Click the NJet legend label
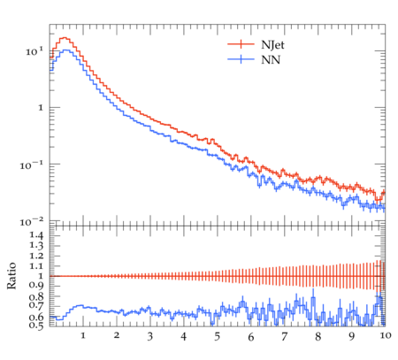pos(272,45)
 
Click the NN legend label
pos(271,60)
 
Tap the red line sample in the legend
pos(241,44)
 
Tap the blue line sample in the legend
pos(241,59)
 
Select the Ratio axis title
pos(11,276)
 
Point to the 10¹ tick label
pos(34,51)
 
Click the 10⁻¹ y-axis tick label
pos(32,165)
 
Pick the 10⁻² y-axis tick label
pos(32,222)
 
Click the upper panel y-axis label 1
pos(41,108)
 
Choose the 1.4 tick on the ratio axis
pos(36,235)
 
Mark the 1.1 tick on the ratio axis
pos(36,266)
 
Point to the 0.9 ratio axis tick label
pos(36,286)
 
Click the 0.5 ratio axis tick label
pos(36,326)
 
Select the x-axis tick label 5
pos(218,337)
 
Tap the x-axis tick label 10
pos(385,335)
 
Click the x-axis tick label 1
pos(83,335)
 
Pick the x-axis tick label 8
pos(318,337)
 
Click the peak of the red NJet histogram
pos(65,38)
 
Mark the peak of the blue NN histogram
pos(66,50)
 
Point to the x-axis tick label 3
pos(150,337)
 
